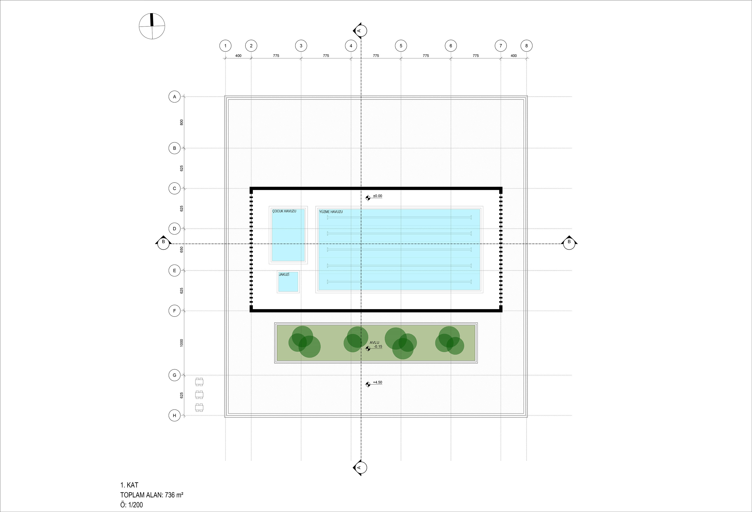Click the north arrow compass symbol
pyautogui.click(x=152, y=26)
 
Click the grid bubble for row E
pyautogui.click(x=174, y=271)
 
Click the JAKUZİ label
pyautogui.click(x=284, y=274)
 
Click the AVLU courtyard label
pyautogui.click(x=374, y=342)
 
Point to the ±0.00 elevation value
pyautogui.click(x=378, y=196)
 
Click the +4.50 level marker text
pyautogui.click(x=378, y=382)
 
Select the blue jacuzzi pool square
pyautogui.click(x=288, y=282)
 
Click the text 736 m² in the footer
pyautogui.click(x=174, y=495)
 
